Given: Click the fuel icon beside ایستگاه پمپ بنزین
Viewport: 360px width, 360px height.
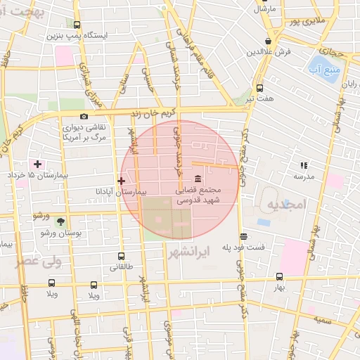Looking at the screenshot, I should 77,24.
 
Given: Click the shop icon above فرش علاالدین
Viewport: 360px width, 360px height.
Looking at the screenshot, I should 268,41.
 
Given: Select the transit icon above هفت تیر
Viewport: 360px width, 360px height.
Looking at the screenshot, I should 260,88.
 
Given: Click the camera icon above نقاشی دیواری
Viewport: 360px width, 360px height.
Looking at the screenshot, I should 84,116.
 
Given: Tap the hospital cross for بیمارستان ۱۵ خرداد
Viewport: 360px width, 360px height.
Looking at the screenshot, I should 37,164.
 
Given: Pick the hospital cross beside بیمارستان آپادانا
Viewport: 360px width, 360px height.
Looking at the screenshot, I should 121,181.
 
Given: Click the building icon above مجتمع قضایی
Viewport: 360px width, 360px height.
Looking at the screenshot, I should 196,178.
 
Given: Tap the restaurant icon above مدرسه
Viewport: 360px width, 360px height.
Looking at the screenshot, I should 304,165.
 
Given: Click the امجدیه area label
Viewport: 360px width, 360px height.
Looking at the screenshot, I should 285,205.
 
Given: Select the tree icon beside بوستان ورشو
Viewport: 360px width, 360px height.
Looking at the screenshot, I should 59,221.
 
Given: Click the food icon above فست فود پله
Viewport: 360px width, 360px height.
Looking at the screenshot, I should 243,237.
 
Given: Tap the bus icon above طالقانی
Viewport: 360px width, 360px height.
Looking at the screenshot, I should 121,257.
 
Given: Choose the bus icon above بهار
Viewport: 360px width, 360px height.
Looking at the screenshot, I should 279,277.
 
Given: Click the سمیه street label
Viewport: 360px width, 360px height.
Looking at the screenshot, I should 323,320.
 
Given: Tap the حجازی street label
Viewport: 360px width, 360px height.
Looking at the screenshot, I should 329,51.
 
